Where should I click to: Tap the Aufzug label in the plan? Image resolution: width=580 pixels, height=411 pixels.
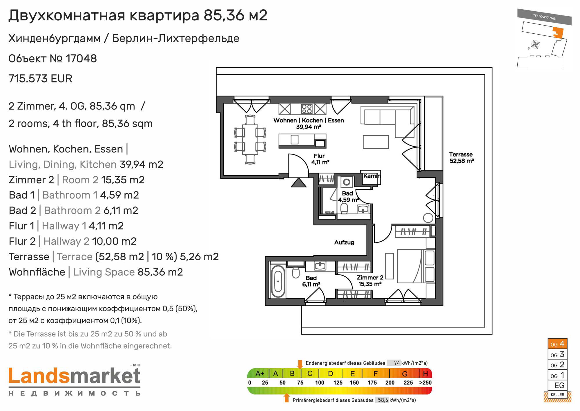344,242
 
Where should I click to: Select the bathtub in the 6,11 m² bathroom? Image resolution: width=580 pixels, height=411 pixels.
278,281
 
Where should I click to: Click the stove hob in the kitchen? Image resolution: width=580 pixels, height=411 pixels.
307,109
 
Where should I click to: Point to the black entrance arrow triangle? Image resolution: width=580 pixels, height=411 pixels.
299,183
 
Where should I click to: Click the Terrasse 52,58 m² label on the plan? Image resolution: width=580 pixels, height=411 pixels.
461,157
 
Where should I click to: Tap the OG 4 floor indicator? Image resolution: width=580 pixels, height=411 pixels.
557,344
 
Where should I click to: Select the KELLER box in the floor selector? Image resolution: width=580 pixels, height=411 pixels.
557,394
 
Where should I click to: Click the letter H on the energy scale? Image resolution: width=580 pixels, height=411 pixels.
425,374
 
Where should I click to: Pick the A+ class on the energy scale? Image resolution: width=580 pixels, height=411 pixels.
260,374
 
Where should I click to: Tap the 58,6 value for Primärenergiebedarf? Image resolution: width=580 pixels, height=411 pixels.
383,400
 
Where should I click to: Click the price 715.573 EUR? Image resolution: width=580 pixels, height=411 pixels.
40,78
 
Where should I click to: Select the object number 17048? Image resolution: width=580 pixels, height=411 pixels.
81,58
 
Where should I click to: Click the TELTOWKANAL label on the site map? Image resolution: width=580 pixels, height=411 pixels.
544,17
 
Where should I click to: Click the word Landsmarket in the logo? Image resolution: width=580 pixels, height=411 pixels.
75,376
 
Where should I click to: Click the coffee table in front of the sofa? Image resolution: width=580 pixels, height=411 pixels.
376,142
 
